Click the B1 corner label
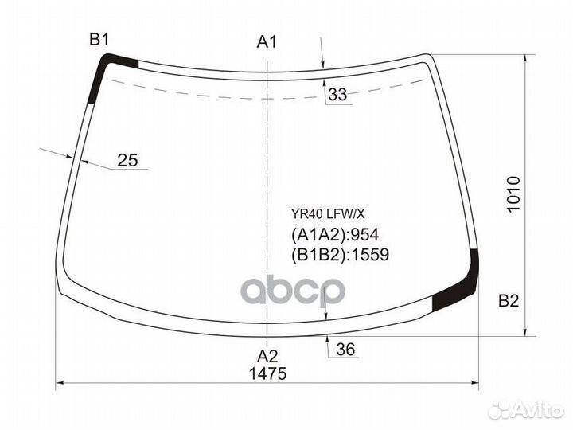click(x=99, y=40)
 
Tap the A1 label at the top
click(x=267, y=42)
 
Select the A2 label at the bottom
click(x=267, y=356)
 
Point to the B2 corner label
click(x=509, y=301)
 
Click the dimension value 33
click(x=337, y=94)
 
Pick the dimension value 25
click(x=127, y=160)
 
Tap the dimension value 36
click(x=345, y=350)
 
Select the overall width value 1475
click(x=267, y=373)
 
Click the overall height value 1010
click(x=513, y=193)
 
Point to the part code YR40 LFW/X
click(x=328, y=214)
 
